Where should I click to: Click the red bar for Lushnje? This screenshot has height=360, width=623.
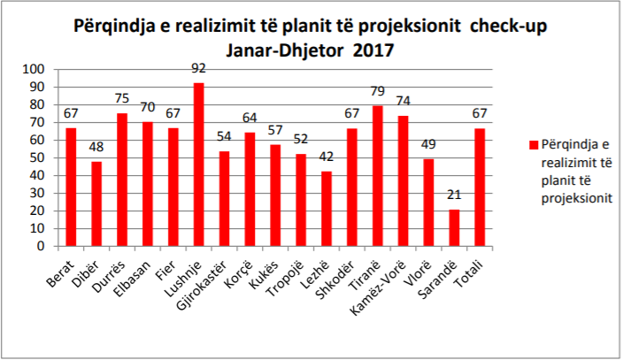point(199,165)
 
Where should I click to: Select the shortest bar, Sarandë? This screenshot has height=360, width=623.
point(454,228)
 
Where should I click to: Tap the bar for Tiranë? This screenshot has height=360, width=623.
point(378,176)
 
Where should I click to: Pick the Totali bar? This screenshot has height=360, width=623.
point(480,188)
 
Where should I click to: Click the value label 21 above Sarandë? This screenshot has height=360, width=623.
point(454,195)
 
